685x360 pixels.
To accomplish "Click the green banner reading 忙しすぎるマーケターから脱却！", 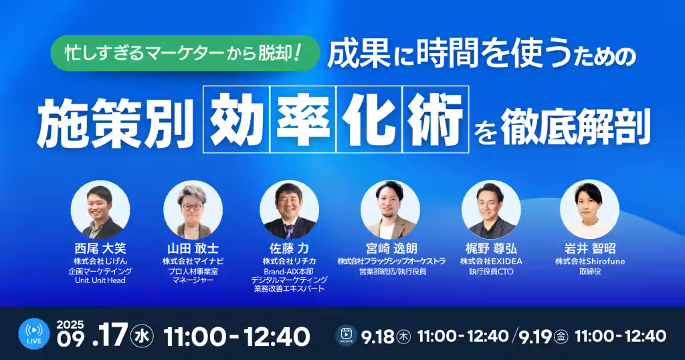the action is click(185, 53).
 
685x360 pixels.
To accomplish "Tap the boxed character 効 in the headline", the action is click(237, 119).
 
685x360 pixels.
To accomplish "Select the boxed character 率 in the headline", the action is click(303, 119).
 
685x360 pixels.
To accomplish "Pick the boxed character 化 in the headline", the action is click(369, 119).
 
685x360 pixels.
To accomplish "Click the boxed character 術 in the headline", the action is click(435, 119).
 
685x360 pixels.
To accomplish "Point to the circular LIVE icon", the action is click(34, 334).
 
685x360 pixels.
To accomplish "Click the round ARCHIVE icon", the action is click(346, 335).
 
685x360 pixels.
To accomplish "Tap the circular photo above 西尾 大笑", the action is click(100, 209).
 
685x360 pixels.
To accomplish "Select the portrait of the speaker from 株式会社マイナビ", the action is click(193, 209).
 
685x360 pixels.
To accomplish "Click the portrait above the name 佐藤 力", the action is click(289, 209).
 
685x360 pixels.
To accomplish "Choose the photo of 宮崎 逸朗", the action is click(390, 209).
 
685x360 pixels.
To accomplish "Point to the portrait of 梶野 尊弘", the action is click(491, 209).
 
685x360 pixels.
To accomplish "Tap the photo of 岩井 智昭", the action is click(590, 209).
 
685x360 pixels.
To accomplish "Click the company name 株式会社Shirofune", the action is click(590, 261).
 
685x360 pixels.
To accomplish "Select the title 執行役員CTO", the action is click(491, 271).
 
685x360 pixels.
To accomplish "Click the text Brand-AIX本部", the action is click(289, 271).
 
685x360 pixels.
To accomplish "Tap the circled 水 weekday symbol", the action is click(142, 337).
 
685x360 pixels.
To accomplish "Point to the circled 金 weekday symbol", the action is click(561, 337).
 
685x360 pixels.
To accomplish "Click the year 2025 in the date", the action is click(70, 325).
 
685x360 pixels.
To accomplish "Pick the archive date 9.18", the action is click(378, 337).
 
